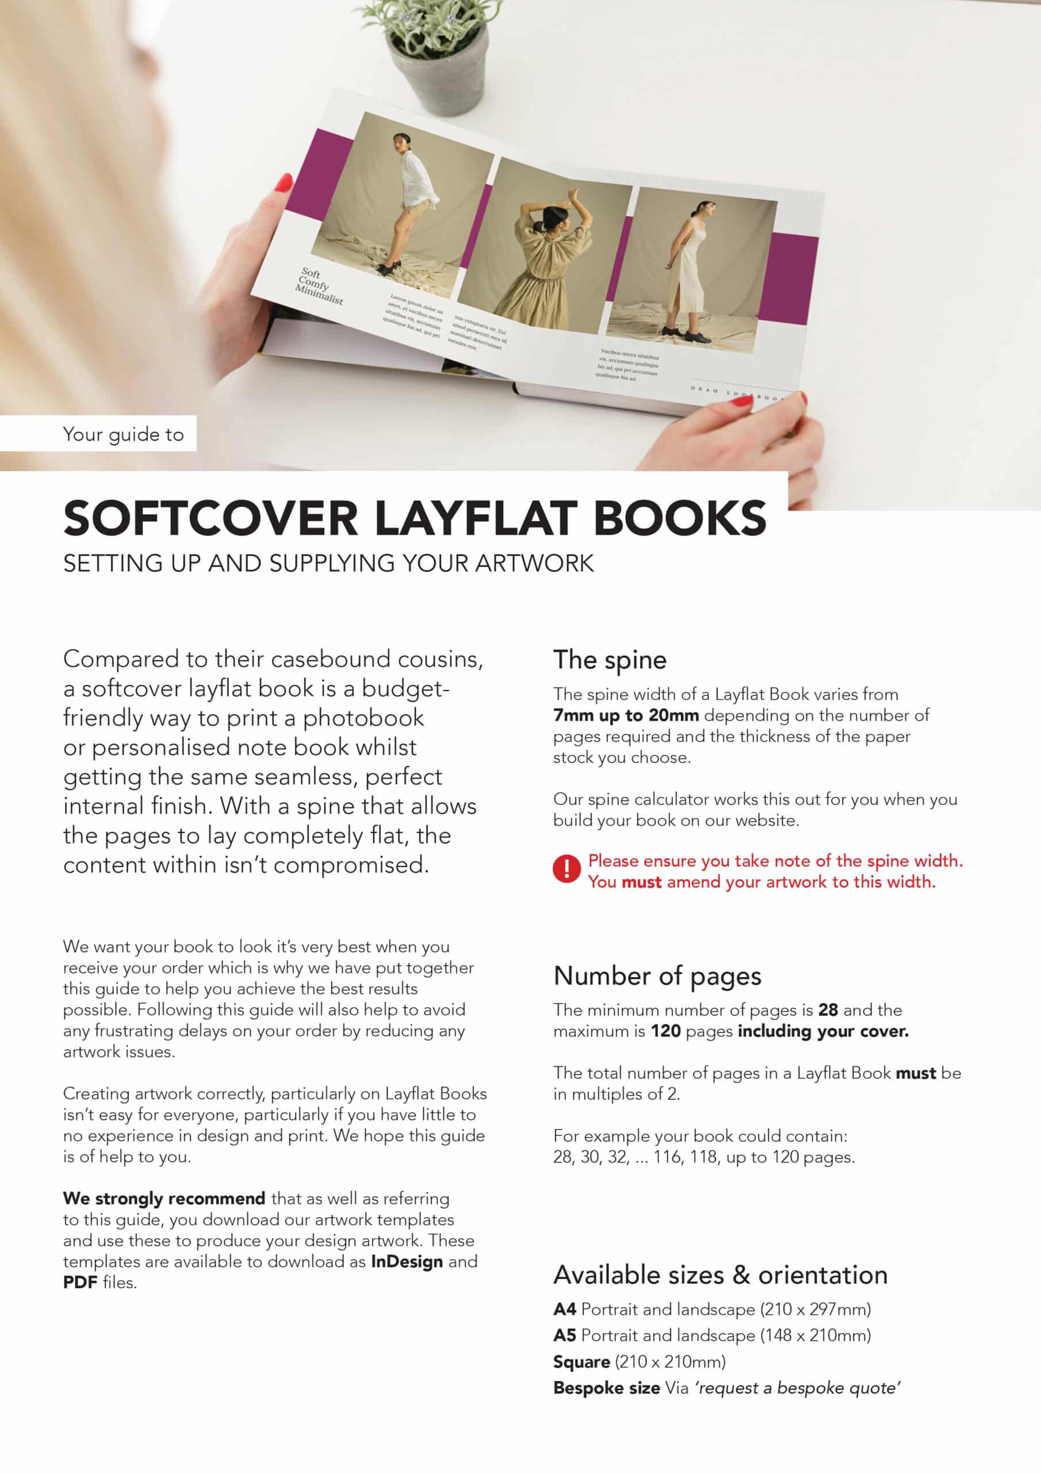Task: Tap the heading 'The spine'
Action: (610, 660)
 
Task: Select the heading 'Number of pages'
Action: (657, 976)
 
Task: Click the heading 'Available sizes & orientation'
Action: (720, 1274)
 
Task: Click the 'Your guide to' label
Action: (123, 434)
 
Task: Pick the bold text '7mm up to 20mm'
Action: (625, 715)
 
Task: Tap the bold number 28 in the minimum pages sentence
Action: (828, 1010)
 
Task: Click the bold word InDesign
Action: (407, 1261)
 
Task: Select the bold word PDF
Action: (79, 1283)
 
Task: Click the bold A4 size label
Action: (564, 1309)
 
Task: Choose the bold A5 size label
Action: (564, 1335)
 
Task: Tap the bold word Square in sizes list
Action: (581, 1361)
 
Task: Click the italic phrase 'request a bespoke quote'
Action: (798, 1388)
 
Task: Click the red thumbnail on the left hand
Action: (283, 184)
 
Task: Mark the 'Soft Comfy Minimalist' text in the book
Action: (319, 286)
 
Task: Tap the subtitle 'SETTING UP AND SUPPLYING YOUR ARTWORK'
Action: (328, 563)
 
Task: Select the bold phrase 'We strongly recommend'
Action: (163, 1199)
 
